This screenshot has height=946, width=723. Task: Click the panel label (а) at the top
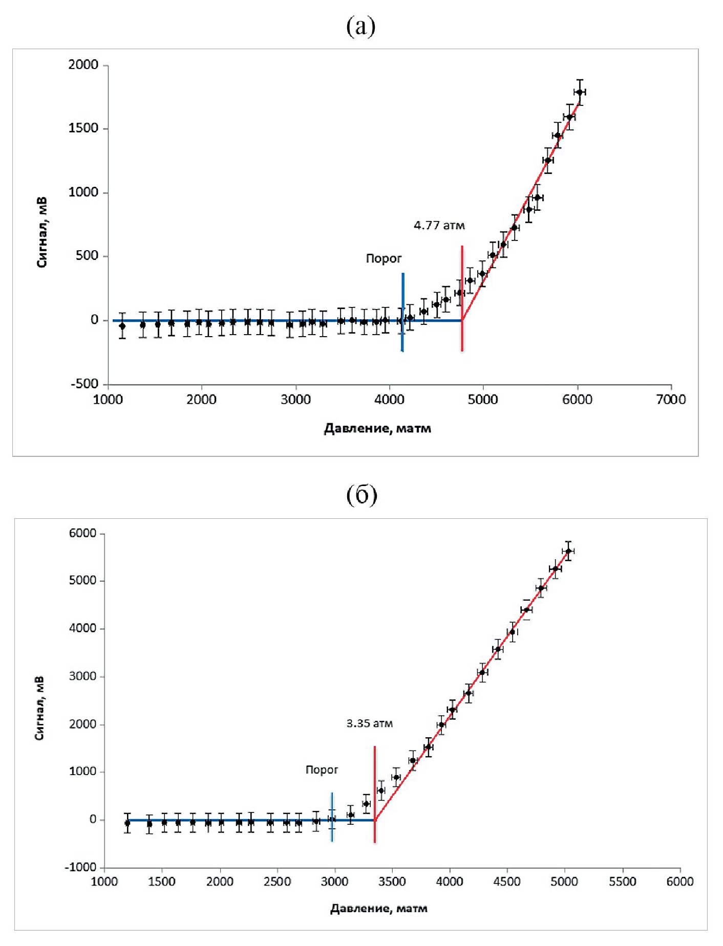click(361, 26)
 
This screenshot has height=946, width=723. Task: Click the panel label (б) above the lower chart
click(361, 495)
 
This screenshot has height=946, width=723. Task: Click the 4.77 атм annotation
click(439, 226)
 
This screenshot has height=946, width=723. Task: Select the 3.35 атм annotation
click(369, 723)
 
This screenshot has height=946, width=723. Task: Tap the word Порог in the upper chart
click(384, 259)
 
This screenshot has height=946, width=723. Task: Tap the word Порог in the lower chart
click(322, 769)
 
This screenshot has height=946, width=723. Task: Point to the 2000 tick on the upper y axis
click(83, 65)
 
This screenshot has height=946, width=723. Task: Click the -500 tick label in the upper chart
click(84, 384)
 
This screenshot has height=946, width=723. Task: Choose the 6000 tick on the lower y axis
click(82, 534)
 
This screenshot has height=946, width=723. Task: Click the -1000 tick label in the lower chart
click(80, 868)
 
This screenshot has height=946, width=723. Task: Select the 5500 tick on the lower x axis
click(622, 882)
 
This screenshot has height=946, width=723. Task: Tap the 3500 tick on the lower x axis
click(392, 882)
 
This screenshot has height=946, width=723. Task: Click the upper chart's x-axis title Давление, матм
click(377, 429)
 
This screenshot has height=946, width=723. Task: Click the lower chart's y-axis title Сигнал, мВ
click(39, 708)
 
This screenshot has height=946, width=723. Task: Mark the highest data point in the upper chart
click(579, 92)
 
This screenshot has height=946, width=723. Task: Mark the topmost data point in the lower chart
click(568, 551)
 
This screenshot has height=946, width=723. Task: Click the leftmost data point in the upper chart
click(122, 326)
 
